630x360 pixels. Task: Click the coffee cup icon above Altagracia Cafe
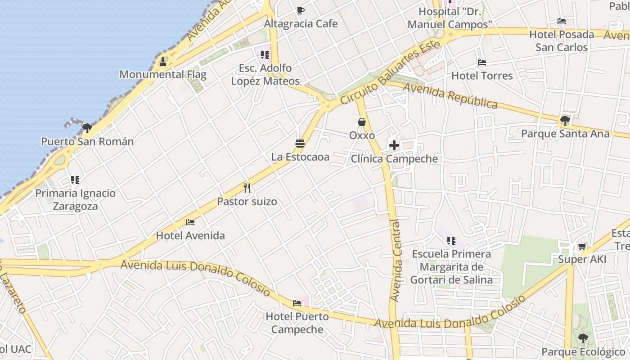(301, 10)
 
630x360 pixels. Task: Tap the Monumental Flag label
(163, 74)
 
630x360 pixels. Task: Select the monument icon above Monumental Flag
(163, 61)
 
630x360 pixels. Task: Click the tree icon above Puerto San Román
(87, 128)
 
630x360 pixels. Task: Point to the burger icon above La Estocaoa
(300, 144)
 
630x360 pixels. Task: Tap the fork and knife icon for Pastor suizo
(247, 188)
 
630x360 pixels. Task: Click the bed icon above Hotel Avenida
(190, 222)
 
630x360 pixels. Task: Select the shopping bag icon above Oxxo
(362, 122)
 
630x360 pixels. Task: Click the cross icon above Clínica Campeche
(394, 145)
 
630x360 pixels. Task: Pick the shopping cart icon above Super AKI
(582, 246)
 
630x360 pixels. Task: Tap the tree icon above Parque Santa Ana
(565, 120)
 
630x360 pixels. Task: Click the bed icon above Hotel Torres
(482, 63)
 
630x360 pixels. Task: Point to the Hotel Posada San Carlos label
(561, 41)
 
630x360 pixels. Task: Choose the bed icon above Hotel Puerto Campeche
(297, 303)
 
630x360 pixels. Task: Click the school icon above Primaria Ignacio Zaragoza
(75, 180)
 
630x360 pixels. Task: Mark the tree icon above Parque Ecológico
(583, 338)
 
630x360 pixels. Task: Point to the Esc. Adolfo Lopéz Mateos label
(265, 75)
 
